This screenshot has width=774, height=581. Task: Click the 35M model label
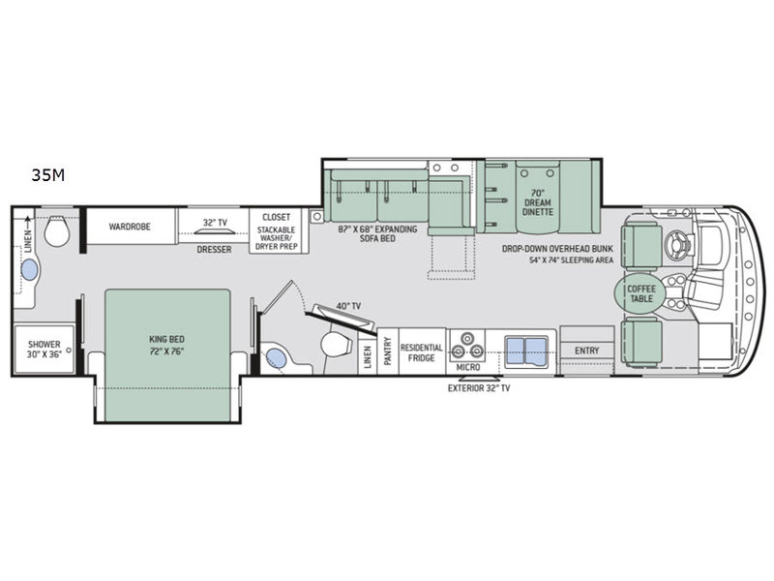click(47, 175)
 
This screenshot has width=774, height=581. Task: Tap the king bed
click(167, 355)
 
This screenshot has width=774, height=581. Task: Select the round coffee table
click(641, 294)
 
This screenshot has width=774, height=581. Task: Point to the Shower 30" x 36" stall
click(44, 349)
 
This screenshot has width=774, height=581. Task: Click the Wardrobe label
click(130, 227)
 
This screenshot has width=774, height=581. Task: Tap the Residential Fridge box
click(422, 352)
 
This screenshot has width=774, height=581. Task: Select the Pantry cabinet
click(388, 352)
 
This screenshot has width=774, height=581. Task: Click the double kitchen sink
click(526, 349)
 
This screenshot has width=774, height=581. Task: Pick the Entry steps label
click(587, 351)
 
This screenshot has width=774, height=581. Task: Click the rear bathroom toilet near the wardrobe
click(57, 230)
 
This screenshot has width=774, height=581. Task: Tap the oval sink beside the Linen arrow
click(29, 271)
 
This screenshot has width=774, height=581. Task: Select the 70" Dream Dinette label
click(538, 202)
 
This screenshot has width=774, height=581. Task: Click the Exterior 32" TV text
click(479, 388)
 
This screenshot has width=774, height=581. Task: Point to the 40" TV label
click(348, 306)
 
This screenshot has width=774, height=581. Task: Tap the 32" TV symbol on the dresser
click(214, 231)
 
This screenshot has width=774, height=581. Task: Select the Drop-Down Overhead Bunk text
click(558, 249)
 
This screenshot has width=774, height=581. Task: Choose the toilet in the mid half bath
click(336, 343)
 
